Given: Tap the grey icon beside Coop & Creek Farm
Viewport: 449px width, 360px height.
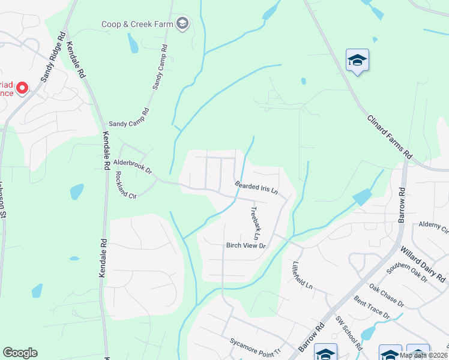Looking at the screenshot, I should pyautogui.click(x=183, y=25).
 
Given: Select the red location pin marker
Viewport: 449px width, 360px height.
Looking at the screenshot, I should pyautogui.click(x=22, y=88).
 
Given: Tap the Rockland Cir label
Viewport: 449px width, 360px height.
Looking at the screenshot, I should pyautogui.click(x=126, y=186).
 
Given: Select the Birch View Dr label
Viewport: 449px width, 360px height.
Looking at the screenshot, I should pyautogui.click(x=246, y=245).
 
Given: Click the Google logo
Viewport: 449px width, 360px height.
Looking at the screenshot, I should pyautogui.click(x=20, y=353).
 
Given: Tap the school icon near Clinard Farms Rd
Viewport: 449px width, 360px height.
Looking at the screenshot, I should pyautogui.click(x=357, y=61).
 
